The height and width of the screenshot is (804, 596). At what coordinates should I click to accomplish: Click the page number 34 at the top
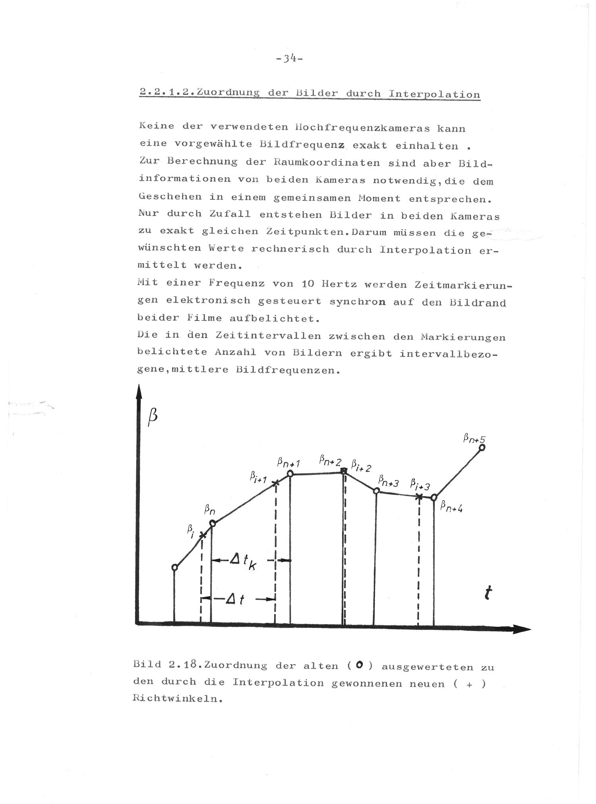point(289,58)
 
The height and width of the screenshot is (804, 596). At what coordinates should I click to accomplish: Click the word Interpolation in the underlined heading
point(434,94)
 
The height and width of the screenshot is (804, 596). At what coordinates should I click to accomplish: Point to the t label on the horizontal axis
point(488,594)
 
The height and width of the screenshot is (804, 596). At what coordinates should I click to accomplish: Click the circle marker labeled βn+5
point(482,447)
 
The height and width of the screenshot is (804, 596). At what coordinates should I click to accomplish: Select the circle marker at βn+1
point(290,474)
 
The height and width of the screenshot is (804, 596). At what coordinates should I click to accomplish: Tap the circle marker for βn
point(212,523)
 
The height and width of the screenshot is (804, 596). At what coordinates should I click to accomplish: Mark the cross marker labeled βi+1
point(276,483)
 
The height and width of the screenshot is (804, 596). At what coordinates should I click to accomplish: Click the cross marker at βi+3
point(419,496)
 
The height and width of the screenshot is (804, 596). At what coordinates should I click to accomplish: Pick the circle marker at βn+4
point(434,497)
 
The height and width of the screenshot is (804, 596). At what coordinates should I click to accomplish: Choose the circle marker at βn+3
point(376,491)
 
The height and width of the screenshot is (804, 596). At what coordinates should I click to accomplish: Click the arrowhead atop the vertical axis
point(139,393)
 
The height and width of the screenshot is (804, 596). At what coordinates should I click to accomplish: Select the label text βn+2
point(330,461)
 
